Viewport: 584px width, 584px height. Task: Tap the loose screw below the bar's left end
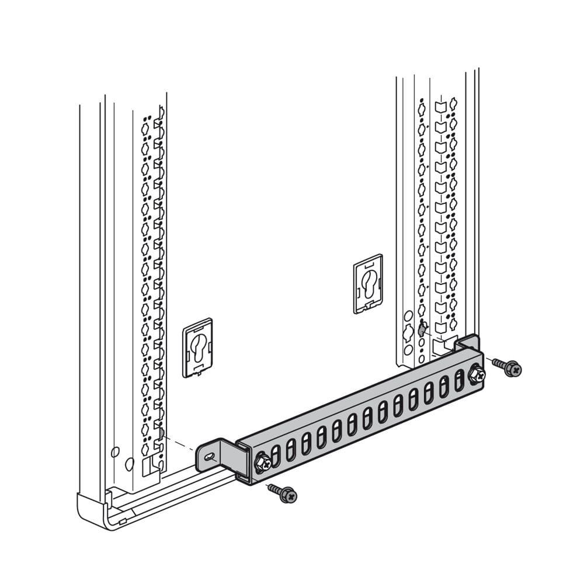282,493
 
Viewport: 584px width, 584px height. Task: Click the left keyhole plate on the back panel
197,347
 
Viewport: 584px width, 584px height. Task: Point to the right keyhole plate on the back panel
368,283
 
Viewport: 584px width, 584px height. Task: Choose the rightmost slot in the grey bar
459,379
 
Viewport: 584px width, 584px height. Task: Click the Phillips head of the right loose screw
514,369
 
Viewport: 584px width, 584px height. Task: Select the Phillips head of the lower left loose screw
288,496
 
